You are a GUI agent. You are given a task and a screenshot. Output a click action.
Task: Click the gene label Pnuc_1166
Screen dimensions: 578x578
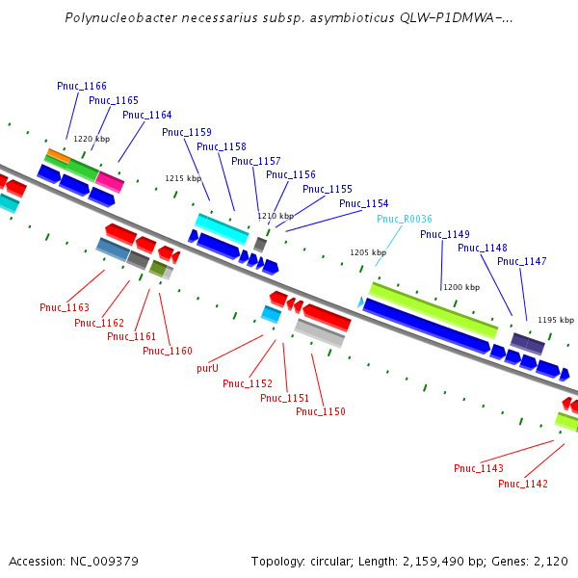click(x=82, y=86)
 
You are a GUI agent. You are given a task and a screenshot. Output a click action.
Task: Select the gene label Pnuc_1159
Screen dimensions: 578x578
click(x=187, y=132)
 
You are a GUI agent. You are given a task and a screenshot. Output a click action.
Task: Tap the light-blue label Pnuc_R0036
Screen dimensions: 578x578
click(x=405, y=219)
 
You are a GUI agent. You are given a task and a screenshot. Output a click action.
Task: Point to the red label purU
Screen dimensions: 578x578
click(x=207, y=368)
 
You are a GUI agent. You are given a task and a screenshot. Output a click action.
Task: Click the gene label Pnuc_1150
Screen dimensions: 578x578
click(x=321, y=411)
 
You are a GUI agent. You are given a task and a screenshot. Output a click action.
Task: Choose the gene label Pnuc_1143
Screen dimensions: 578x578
click(x=479, y=468)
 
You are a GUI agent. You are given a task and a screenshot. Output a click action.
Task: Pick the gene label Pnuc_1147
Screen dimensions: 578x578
click(x=522, y=261)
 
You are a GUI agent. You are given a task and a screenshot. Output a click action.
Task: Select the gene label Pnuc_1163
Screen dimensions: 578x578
click(x=65, y=307)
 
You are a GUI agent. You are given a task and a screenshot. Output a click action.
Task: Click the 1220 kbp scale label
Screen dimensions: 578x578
click(x=92, y=140)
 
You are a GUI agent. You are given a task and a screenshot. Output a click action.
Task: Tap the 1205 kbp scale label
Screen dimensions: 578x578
click(x=368, y=252)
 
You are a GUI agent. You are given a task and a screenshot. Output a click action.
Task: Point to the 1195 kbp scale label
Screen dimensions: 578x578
click(x=555, y=320)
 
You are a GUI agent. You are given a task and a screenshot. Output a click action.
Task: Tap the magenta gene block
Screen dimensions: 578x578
click(x=110, y=182)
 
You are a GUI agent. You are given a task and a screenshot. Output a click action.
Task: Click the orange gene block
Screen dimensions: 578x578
click(x=58, y=154)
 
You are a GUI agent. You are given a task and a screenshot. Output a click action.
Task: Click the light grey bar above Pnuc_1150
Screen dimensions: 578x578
click(x=320, y=333)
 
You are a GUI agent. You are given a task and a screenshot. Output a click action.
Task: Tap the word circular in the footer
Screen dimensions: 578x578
click(x=337, y=561)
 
